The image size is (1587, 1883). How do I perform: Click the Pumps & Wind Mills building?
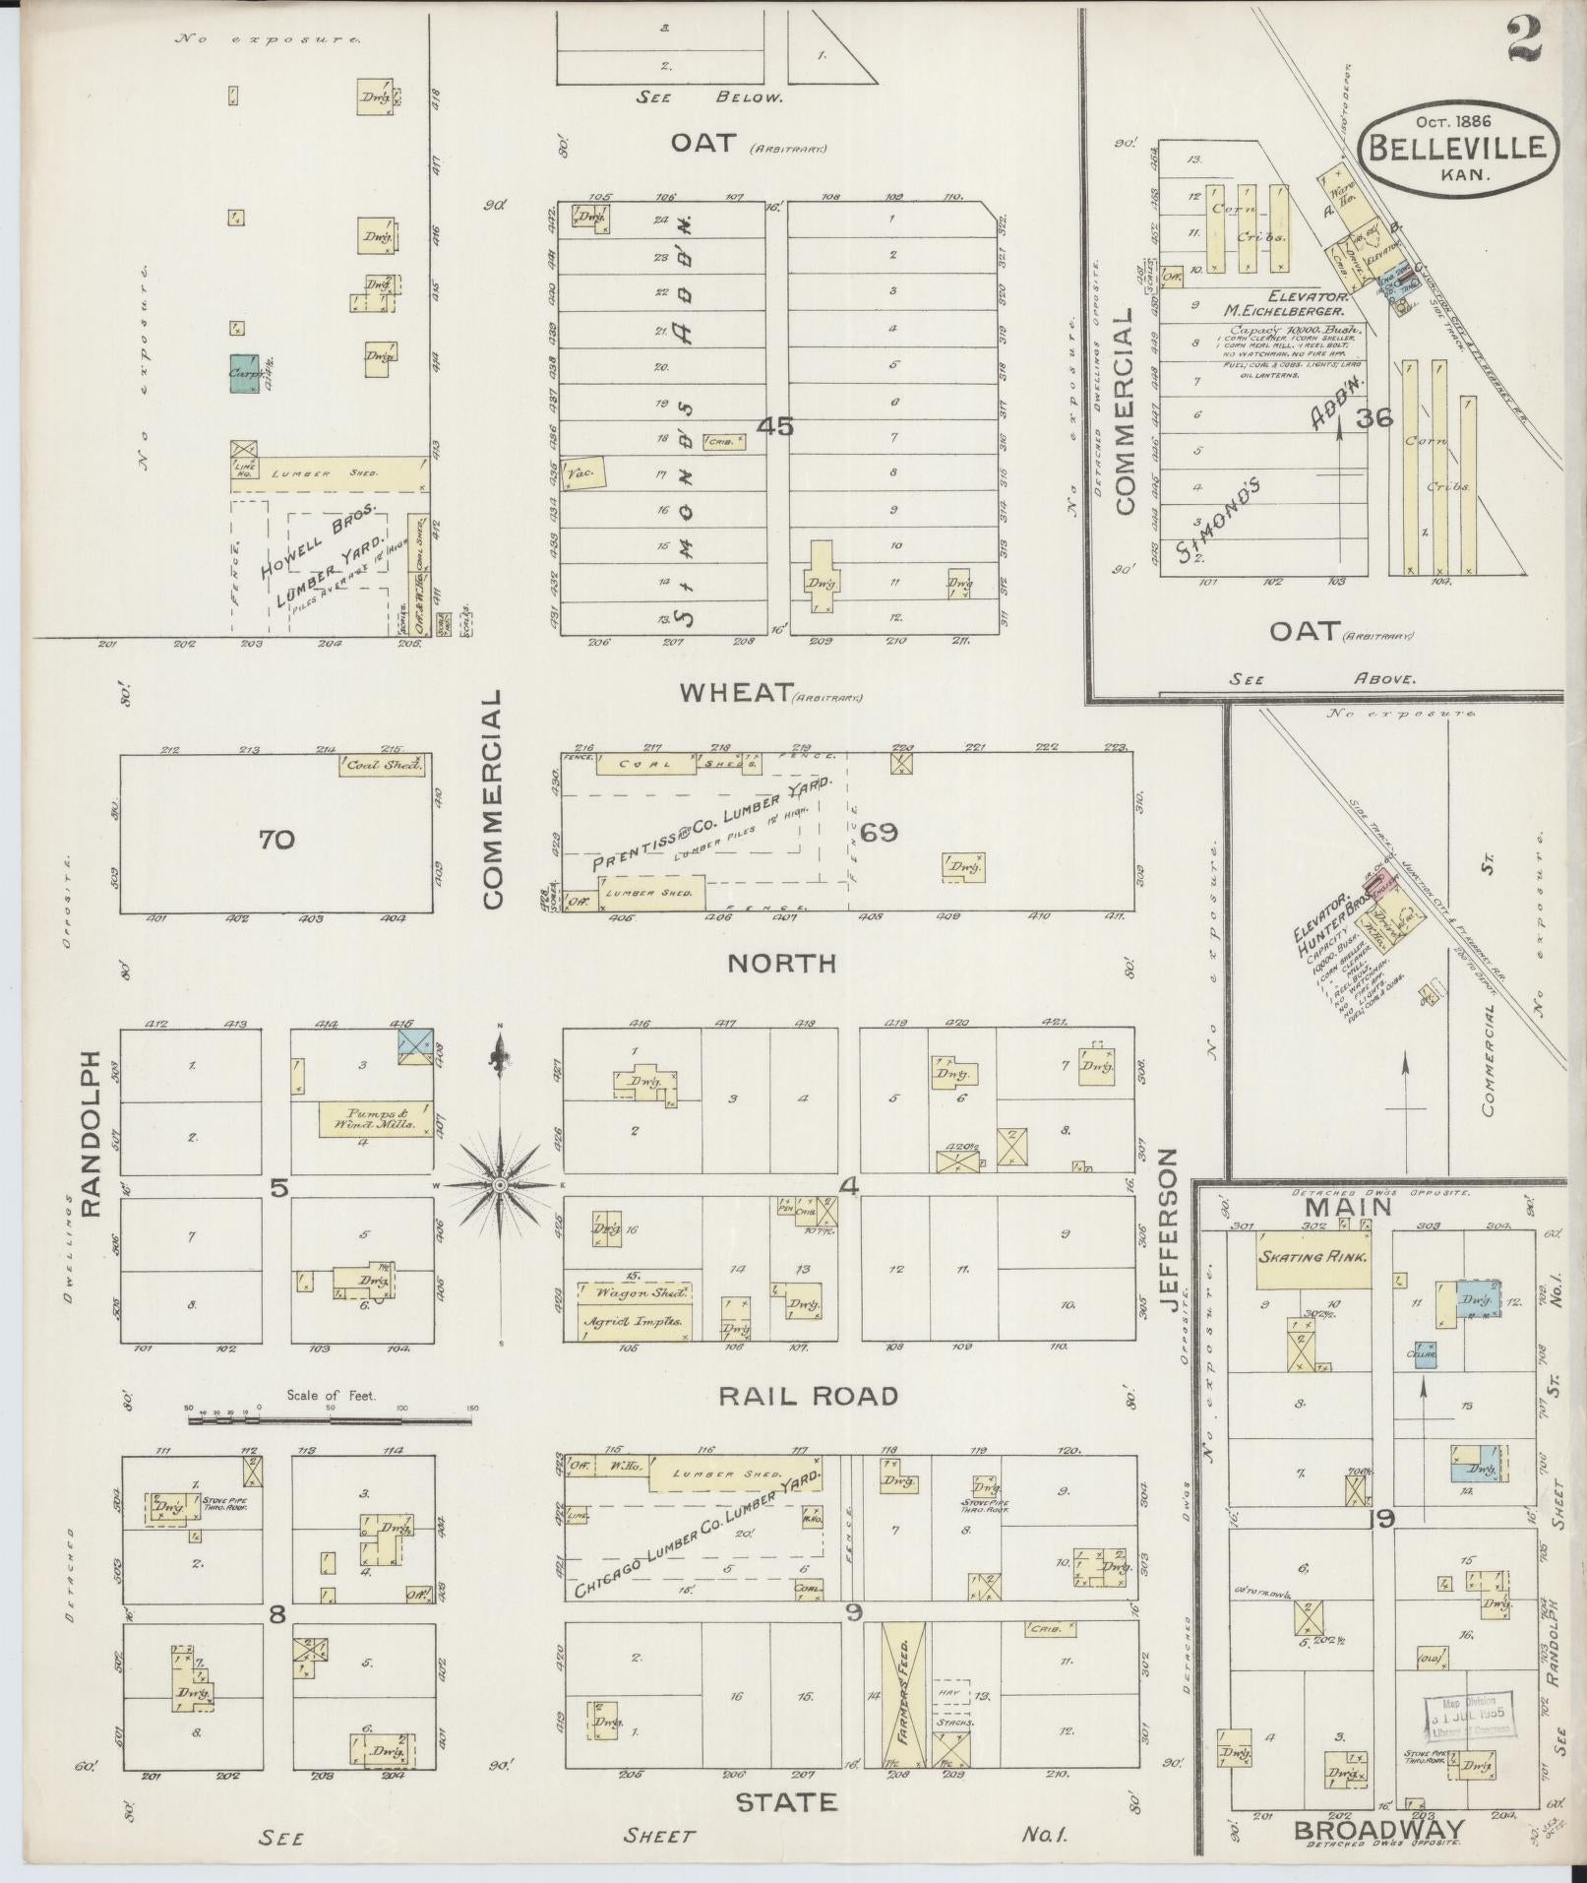click(375, 1118)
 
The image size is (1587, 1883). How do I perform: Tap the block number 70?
click(277, 840)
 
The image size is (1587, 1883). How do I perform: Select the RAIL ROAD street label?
click(808, 1396)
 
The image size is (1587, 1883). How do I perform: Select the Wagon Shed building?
click(636, 1293)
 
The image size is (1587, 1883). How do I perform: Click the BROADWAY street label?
click(1377, 1829)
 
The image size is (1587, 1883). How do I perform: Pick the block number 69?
click(879, 833)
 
